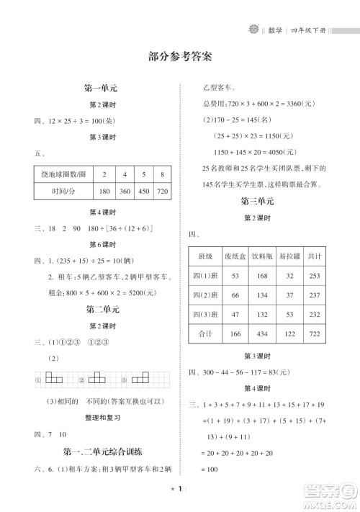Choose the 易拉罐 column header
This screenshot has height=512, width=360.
289,256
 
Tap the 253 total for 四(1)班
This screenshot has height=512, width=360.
315,276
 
